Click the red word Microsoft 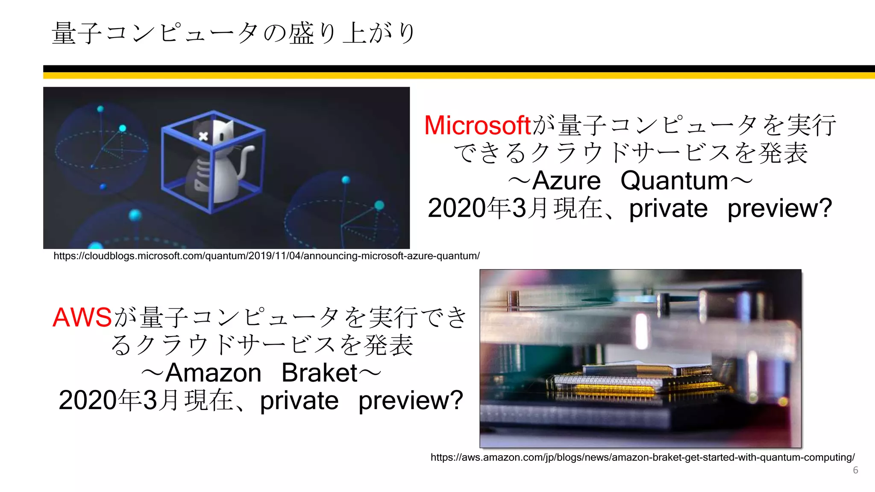pos(477,126)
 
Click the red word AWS pos(82,318)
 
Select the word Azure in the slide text pos(567,181)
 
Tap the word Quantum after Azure pos(674,181)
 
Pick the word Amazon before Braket pos(213,373)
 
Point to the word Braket pos(319,373)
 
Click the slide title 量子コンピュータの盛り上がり pos(233,33)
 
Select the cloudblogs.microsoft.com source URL pos(266,256)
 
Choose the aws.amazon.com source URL pos(642,457)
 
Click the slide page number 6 pos(855,470)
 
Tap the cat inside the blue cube pos(218,162)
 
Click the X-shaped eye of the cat pos(203,136)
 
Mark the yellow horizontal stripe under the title pos(459,76)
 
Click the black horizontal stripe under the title pos(459,69)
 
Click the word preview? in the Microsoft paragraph pos(780,208)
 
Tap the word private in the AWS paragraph pos(299,401)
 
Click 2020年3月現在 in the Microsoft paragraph pos(515,208)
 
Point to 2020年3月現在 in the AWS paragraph pos(146,401)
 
